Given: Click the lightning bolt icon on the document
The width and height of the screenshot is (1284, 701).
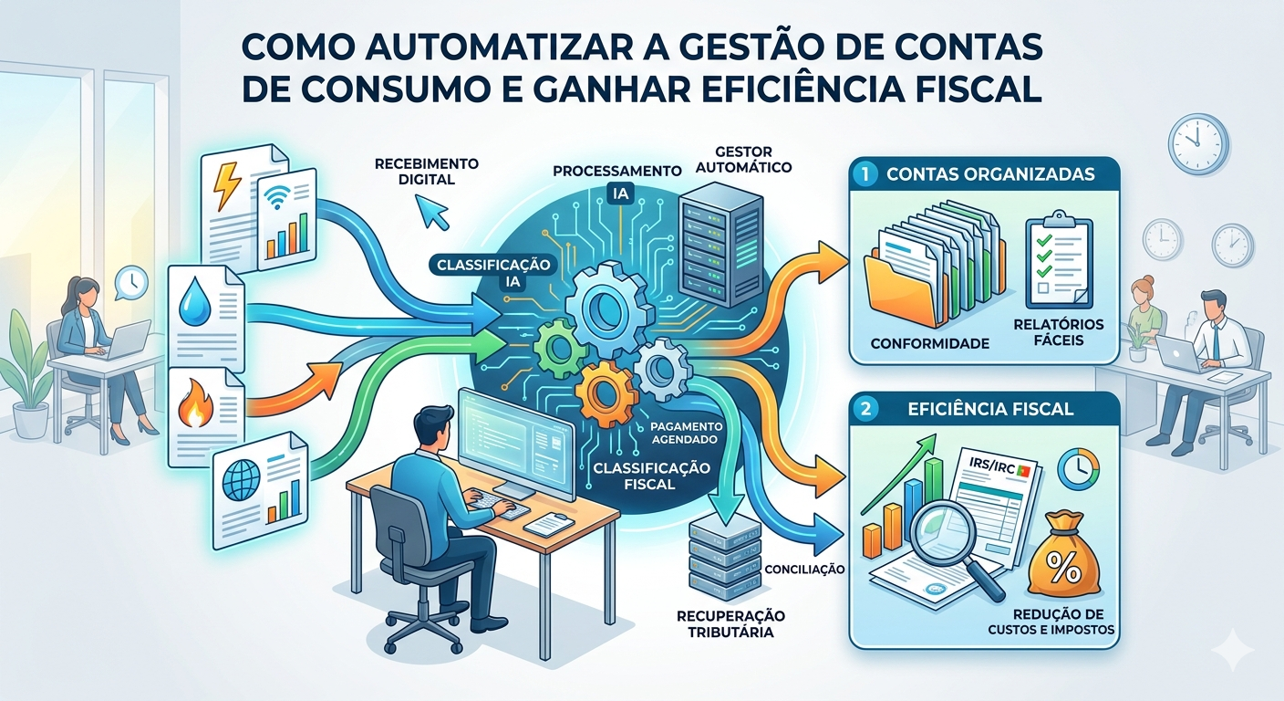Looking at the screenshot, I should (x=223, y=185).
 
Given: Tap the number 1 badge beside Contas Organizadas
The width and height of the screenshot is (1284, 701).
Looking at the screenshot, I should (x=864, y=171).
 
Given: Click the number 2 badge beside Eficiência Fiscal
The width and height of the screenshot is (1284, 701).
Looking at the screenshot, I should (x=864, y=409).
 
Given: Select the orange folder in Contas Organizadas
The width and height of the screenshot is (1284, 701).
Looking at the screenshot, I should (x=898, y=292).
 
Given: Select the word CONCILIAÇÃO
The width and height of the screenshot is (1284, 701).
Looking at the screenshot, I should (x=803, y=569).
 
